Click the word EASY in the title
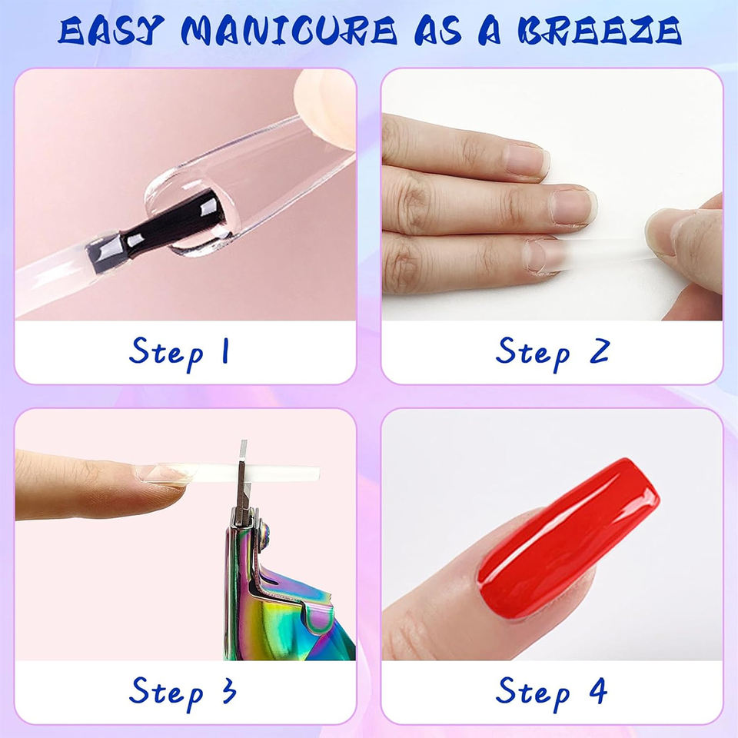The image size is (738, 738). coord(111,31)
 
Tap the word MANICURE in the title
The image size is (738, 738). coord(289,31)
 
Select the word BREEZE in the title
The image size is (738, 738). coord(599,31)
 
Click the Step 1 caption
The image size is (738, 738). coord(179,353)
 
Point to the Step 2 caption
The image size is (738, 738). coord(553,353)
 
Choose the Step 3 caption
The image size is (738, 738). coord(183,693)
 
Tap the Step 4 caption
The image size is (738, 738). coord(551,693)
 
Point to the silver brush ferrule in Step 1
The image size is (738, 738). coord(106,252)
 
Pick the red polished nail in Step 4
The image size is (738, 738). coord(567,538)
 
